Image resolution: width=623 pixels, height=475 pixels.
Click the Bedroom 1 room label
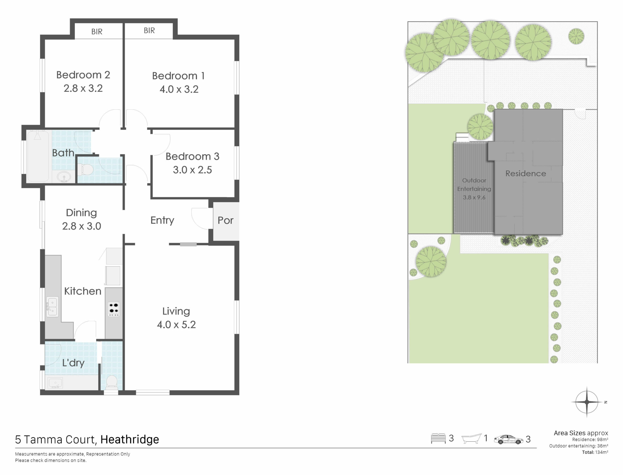tap(178, 76)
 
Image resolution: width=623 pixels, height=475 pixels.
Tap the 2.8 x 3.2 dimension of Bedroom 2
tap(83, 88)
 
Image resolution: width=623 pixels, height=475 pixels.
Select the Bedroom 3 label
tap(192, 156)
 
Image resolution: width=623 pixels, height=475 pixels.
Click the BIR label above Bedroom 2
tap(97, 32)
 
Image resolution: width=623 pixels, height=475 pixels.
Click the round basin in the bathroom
tap(64, 177)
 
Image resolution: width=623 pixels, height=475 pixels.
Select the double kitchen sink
tap(52, 307)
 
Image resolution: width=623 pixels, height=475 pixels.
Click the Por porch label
tap(226, 220)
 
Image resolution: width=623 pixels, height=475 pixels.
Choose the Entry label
tap(162, 220)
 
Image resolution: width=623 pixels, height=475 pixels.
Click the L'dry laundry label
tap(73, 363)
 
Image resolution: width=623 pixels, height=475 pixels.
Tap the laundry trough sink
tap(56, 383)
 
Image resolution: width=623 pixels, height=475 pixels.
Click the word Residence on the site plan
tap(526, 173)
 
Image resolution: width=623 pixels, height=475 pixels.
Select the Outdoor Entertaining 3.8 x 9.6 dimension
tap(474, 197)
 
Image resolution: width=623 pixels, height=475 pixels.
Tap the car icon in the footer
tap(508, 440)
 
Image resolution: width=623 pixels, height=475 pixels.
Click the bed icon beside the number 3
tap(438, 439)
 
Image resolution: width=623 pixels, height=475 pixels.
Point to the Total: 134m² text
tap(595, 452)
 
